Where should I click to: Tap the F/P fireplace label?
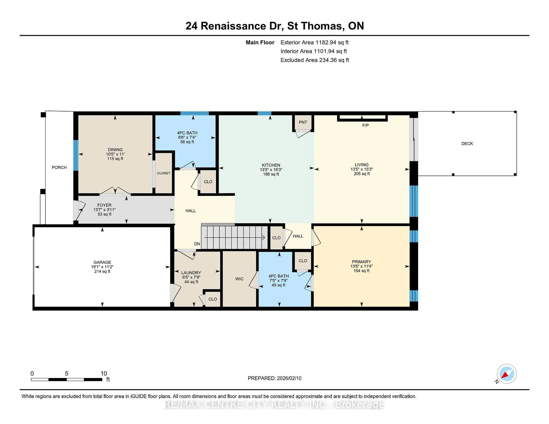tap(365, 125)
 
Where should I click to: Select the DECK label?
tap(467, 144)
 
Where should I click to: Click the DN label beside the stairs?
tap(197, 244)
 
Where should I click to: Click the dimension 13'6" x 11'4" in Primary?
tap(361, 266)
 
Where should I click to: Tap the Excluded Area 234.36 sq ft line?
tap(315, 60)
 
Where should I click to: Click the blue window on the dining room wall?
tap(76, 155)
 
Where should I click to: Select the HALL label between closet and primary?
tap(298, 236)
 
